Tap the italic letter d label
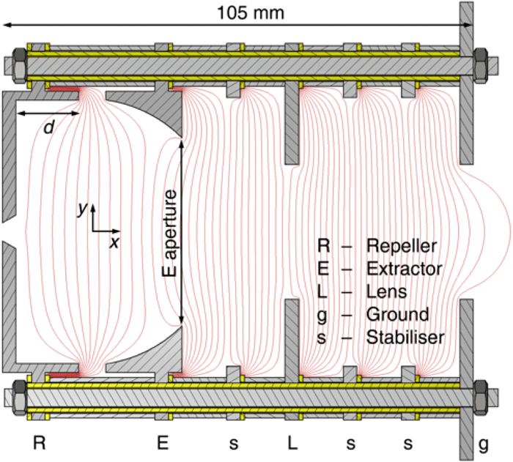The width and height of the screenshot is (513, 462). click(x=48, y=127)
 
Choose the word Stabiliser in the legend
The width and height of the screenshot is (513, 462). click(x=406, y=338)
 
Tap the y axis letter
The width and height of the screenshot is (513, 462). click(x=83, y=208)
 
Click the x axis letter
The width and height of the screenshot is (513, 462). click(x=114, y=242)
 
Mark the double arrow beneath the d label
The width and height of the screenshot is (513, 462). click(x=48, y=113)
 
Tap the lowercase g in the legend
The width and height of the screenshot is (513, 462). click(x=323, y=316)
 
